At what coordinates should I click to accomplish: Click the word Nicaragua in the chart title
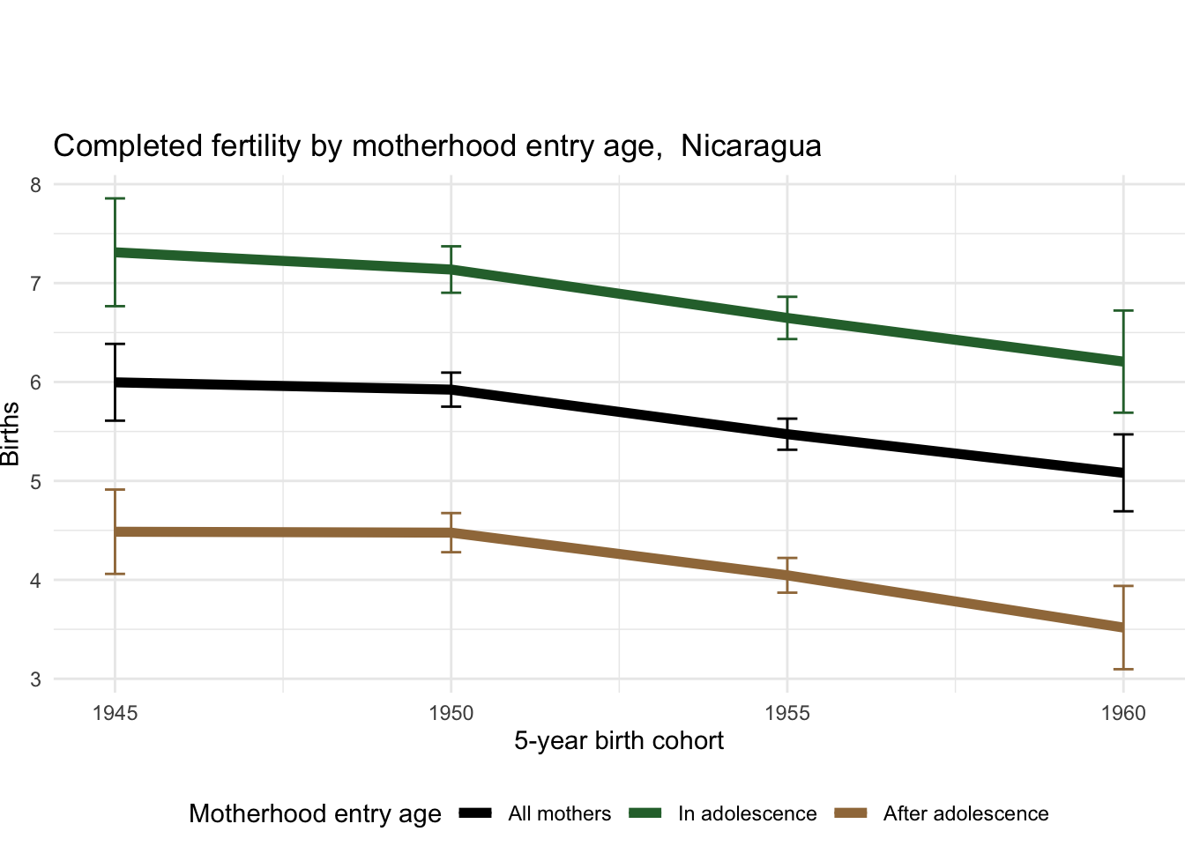pos(750,146)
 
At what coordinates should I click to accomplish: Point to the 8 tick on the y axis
pos(35,185)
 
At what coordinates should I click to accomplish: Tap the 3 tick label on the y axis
pos(35,679)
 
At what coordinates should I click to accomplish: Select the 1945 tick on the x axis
pos(115,713)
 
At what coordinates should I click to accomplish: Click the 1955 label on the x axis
pos(787,713)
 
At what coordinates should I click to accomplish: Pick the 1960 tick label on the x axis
pos(1123,713)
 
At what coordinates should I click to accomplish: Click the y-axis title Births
pos(11,434)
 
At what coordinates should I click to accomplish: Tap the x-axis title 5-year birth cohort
pos(619,741)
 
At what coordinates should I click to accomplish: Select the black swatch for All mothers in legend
pos(475,813)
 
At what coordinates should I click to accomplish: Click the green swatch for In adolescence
pos(645,813)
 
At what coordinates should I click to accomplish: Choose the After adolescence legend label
pos(965,814)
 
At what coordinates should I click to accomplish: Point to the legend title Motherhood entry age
pos(315,813)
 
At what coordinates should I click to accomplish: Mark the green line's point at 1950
pos(451,270)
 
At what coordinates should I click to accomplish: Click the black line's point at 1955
pos(787,434)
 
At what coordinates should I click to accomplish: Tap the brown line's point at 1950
pos(451,532)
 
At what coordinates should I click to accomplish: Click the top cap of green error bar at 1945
pos(115,199)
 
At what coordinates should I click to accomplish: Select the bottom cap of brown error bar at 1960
pos(1123,669)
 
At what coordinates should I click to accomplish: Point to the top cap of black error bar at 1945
pos(115,345)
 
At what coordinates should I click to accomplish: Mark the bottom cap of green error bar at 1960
pos(1123,412)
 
